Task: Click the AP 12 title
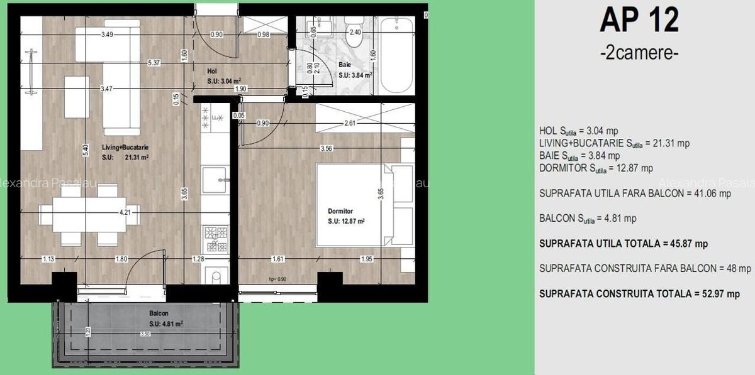point(639,20)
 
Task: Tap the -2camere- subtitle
point(639,53)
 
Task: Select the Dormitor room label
point(341,212)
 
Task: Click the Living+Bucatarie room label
point(126,148)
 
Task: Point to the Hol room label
point(212,71)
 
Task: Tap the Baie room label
point(344,65)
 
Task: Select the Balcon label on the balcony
point(158,313)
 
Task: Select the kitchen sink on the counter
point(215,180)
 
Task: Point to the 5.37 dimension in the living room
point(154,62)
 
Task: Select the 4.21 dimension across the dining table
point(125,212)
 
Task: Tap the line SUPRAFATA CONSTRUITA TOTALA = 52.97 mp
point(639,293)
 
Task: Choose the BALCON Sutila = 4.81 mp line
point(588,219)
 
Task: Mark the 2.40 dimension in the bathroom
point(355,32)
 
